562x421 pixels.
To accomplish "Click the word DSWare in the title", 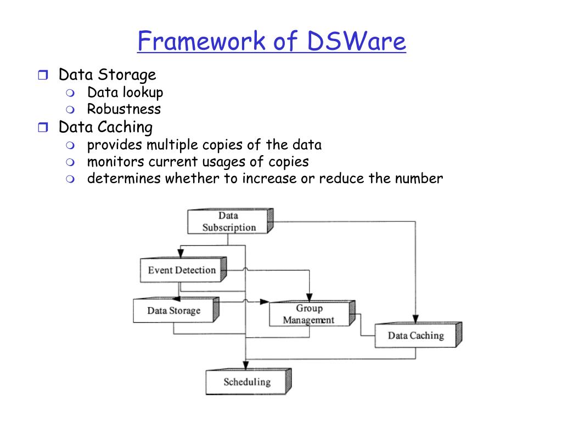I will (x=357, y=42).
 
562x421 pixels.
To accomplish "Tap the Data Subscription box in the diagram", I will (x=229, y=221).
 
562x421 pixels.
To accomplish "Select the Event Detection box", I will (x=182, y=270).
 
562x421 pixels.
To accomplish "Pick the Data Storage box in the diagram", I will (x=173, y=311).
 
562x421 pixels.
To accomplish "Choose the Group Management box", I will (x=309, y=314).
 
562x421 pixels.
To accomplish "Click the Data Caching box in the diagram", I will (x=415, y=335).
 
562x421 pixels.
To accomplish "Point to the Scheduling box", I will (x=247, y=382).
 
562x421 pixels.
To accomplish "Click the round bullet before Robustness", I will (x=71, y=109).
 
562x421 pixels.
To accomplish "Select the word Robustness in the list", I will (x=124, y=109).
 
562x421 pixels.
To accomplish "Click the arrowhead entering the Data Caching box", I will (x=415, y=319).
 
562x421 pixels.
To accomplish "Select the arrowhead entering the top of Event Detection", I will (x=181, y=253).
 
